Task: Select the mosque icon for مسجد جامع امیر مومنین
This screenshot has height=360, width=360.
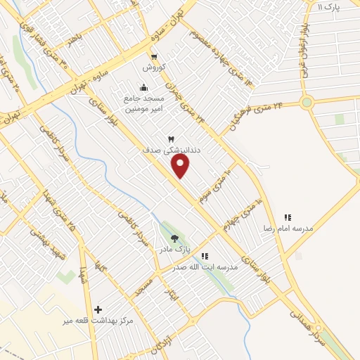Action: tap(143, 87)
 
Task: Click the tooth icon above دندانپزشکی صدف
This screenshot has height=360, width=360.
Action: tap(170, 139)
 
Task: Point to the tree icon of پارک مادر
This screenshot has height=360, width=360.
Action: tap(174, 238)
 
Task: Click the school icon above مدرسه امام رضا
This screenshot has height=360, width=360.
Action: tap(287, 218)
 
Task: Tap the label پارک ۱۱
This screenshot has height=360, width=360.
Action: tap(328, 6)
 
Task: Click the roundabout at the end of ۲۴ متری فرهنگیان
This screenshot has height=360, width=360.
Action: tap(307, 103)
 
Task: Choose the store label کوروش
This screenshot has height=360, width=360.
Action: tap(153, 68)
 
